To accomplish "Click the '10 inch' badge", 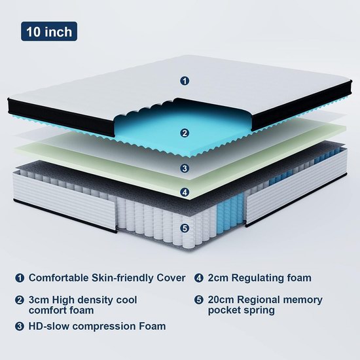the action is coord(49,31).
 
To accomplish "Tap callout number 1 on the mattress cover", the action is coord(185,81).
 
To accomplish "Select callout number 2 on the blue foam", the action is coord(185,133).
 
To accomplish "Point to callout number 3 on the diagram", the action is coord(185,168).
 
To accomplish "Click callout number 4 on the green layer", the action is coord(185,192).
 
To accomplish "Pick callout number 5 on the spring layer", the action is coord(185,228).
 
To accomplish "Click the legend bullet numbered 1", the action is coord(20,278).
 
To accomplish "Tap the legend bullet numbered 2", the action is coord(20,300).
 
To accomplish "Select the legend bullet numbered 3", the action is coord(20,326).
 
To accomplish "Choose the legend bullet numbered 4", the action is coord(199,278).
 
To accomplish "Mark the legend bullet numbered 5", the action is coord(199,300).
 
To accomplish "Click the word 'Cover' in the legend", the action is coord(171,278).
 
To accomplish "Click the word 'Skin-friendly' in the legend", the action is coord(122,278).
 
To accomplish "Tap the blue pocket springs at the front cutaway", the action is coord(230,209).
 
